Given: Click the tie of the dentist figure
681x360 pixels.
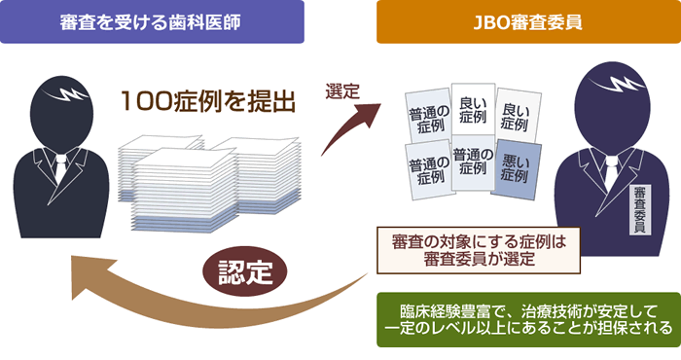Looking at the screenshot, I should [60, 165].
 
